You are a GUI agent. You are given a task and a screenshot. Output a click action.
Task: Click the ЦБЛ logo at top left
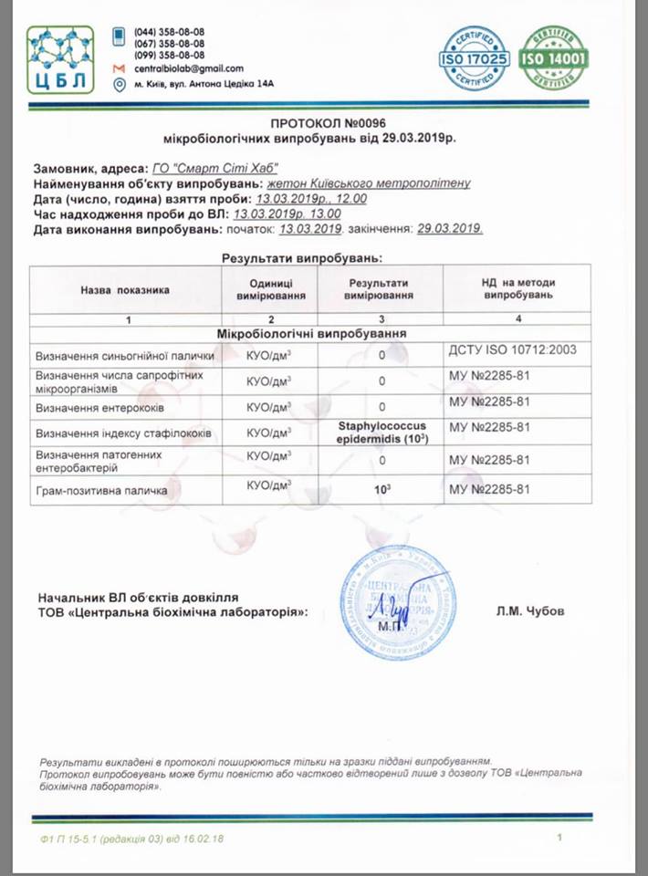pyautogui.click(x=60, y=59)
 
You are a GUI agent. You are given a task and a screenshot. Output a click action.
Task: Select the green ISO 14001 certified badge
pyautogui.click(x=553, y=59)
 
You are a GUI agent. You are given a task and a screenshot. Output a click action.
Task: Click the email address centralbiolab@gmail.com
pyautogui.click(x=189, y=68)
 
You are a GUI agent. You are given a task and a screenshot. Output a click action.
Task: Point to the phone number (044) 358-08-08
pyautogui.click(x=169, y=32)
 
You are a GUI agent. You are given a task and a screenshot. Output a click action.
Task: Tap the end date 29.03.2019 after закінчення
pyautogui.click(x=449, y=228)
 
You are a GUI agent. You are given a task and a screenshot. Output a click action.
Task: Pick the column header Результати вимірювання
pyautogui.click(x=381, y=289)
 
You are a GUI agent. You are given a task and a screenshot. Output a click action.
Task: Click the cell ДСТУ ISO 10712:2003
pyautogui.click(x=513, y=350)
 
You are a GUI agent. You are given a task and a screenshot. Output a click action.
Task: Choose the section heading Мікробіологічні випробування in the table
pyautogui.click(x=310, y=334)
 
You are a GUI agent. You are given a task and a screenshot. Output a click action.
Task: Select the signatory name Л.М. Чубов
pyautogui.click(x=531, y=611)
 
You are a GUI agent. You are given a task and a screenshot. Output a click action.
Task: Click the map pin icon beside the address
pyautogui.click(x=119, y=85)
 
